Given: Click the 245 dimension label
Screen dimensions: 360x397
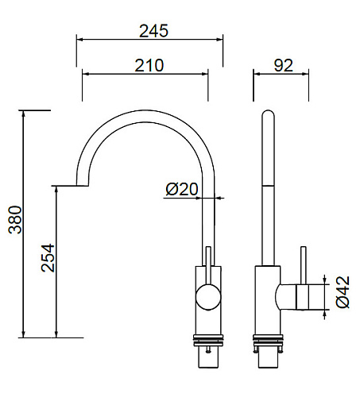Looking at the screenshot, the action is point(153,31).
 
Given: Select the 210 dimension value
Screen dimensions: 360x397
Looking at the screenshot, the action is point(149,65).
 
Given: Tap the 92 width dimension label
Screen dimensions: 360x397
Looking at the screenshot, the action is point(284,65).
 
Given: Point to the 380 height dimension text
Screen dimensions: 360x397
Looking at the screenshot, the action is point(15,220).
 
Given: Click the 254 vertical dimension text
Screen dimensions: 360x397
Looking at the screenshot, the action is point(48,258).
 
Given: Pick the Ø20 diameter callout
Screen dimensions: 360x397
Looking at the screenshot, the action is point(182,189).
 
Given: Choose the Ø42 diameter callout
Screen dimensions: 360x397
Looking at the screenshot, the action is point(343,292).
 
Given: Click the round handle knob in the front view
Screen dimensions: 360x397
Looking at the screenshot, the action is point(208,297).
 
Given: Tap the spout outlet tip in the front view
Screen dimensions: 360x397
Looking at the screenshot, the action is point(82,185).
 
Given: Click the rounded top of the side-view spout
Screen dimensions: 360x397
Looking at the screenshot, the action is point(268,114).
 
